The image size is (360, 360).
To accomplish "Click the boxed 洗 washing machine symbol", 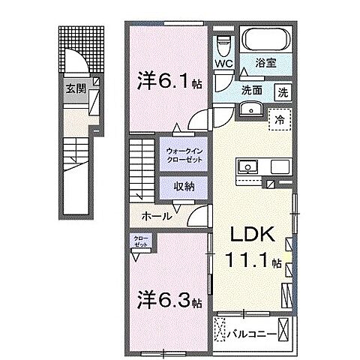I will pyautogui.click(x=284, y=94).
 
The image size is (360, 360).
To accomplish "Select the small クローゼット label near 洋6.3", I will pyautogui.click(x=142, y=241).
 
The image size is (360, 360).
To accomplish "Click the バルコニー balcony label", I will pyautogui.click(x=253, y=327).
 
